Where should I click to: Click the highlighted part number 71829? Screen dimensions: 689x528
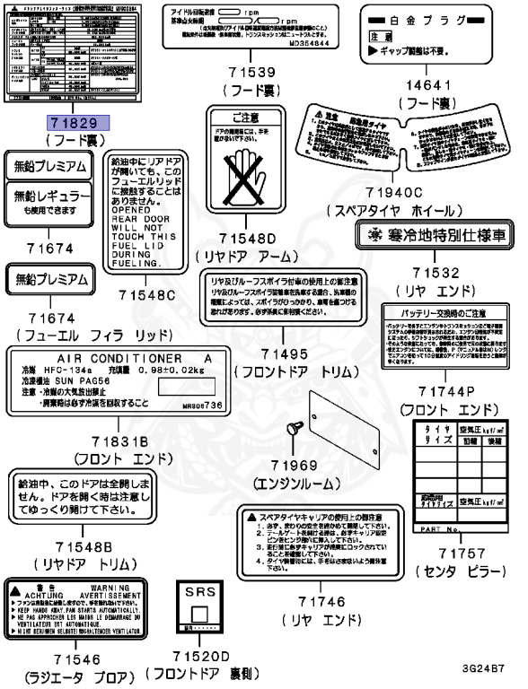78,124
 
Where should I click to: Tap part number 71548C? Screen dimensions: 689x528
147,293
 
